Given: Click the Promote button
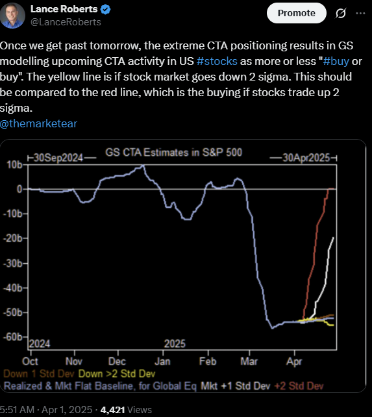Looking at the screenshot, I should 296,13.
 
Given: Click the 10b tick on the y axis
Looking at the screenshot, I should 15,165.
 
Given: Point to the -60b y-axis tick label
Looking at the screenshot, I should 14,338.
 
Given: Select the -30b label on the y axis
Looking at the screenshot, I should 14,263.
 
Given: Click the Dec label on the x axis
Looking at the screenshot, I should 116,360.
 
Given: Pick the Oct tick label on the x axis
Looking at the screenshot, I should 30,360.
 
